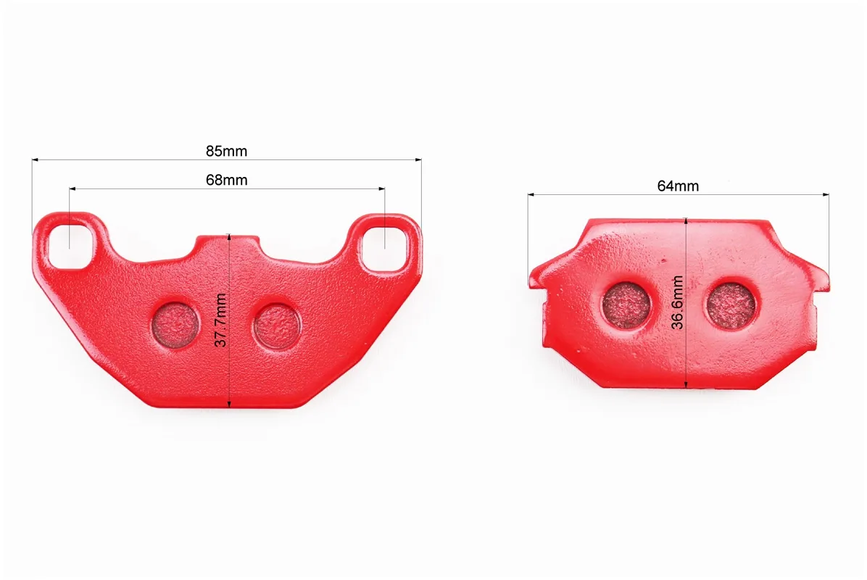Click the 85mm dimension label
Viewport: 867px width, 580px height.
[x=227, y=151]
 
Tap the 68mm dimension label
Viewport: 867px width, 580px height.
[x=227, y=180]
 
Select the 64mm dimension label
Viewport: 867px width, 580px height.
[x=678, y=186]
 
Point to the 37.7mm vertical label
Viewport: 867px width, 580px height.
[x=220, y=320]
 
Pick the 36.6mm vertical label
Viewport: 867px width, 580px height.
[x=677, y=302]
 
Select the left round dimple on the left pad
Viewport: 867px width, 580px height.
[x=175, y=325]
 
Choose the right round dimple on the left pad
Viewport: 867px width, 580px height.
[x=278, y=326]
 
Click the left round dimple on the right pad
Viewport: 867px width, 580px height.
[x=626, y=304]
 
